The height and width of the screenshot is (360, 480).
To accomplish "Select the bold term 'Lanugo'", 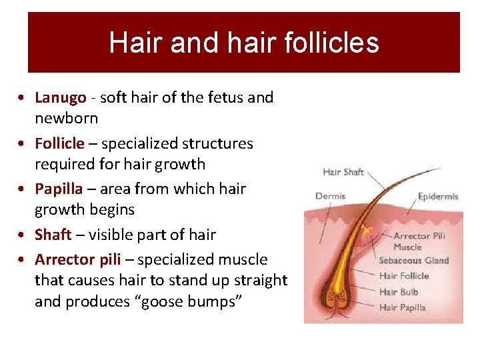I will point(60,97).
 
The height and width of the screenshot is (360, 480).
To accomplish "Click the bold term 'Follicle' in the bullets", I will point(59,143).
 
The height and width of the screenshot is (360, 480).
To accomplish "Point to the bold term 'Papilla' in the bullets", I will point(58,189).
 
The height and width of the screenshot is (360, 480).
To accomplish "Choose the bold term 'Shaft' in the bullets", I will point(52,235).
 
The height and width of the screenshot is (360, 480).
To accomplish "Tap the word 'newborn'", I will point(66,119).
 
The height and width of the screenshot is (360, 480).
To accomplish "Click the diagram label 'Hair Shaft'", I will point(343,172).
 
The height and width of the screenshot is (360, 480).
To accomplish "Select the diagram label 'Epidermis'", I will point(438,197).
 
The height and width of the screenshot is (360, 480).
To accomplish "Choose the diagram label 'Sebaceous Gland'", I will point(413,260).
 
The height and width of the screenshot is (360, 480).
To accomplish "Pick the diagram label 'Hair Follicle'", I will point(404,276).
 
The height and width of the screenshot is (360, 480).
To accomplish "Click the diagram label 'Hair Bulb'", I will point(397,292).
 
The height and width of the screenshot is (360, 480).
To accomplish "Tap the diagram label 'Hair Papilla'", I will point(402,307).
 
